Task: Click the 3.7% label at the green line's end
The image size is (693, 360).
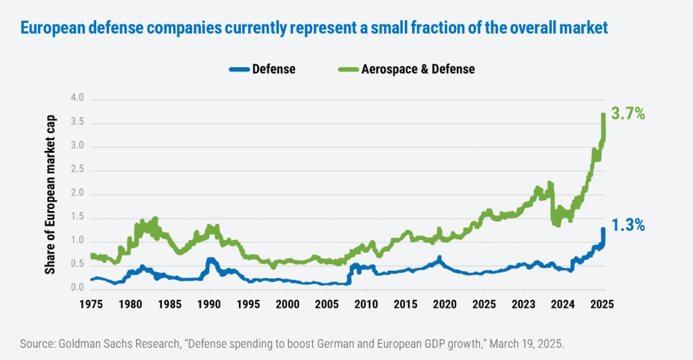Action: tap(627, 114)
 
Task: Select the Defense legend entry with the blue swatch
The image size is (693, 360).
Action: tap(264, 69)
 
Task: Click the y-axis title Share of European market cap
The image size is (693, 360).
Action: tap(51, 194)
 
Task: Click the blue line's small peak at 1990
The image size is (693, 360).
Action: tap(210, 260)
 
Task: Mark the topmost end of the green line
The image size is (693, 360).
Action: tap(602, 114)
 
